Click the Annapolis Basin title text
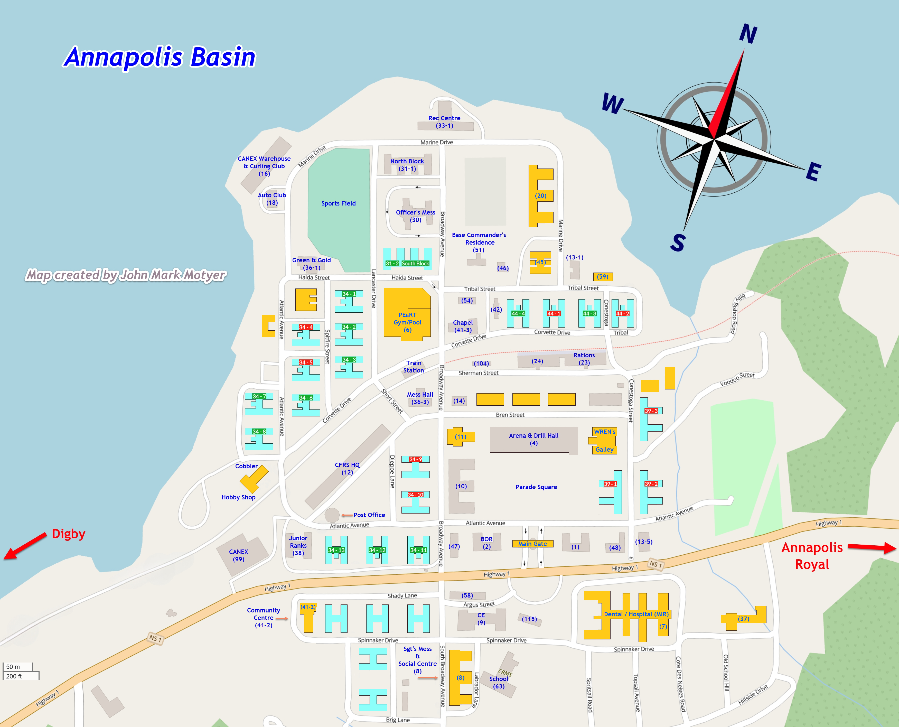pos(160,57)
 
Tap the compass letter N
pos(748,34)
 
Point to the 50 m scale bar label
pos(13,667)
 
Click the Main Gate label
pos(532,544)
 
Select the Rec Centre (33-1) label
pos(444,122)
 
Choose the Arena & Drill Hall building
pos(533,439)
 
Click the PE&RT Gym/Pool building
pos(407,318)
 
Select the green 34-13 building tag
pos(336,550)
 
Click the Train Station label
pos(414,366)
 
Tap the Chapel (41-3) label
pos(463,326)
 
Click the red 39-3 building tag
pos(651,411)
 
